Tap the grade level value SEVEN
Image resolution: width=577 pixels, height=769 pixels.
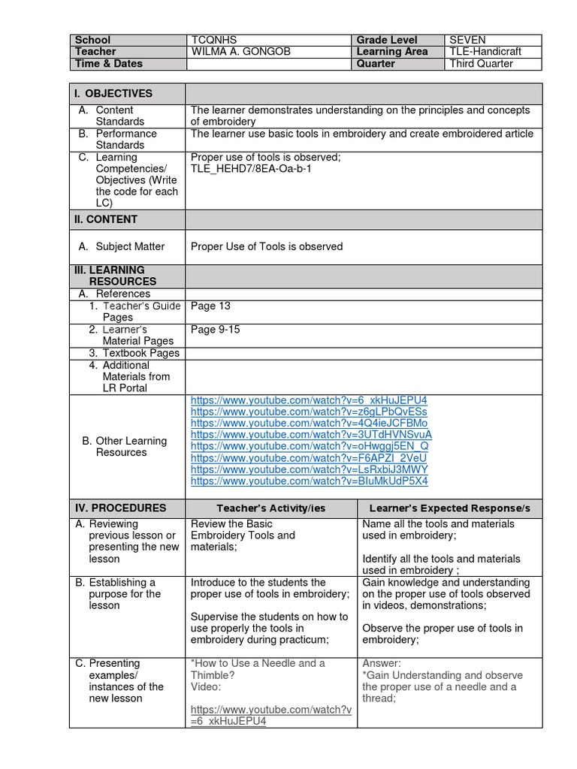468,40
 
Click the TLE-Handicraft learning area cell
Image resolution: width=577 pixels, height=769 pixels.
485,52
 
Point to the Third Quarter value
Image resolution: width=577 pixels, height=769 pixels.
481,64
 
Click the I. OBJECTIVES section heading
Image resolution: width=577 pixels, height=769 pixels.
113,94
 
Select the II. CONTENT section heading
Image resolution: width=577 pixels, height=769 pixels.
105,219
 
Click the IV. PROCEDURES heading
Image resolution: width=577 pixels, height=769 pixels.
119,508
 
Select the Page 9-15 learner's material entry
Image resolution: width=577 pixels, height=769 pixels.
215,330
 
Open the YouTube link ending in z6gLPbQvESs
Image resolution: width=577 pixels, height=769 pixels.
309,412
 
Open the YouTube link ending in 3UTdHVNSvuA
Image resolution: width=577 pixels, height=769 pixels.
311,434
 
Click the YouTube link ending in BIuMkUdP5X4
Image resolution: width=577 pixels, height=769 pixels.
310,481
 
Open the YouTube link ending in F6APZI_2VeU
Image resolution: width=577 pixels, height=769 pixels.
309,457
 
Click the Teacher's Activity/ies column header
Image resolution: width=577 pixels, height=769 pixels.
270,508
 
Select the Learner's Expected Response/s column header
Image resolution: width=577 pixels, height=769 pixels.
449,508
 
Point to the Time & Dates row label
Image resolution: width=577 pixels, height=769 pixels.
108,64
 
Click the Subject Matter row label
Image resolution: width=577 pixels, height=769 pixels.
130,246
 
